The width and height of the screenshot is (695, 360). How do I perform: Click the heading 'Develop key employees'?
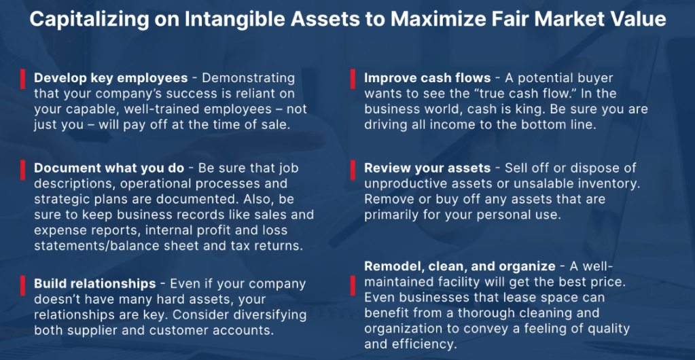(111, 79)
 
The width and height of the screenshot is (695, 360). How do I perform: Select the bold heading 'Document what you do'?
(109, 168)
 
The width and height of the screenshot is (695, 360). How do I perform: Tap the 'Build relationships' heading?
(95, 284)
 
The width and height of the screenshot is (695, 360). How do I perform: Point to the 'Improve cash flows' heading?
(427, 79)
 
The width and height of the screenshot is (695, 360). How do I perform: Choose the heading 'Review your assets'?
(427, 168)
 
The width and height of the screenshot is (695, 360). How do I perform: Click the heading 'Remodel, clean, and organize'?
(460, 266)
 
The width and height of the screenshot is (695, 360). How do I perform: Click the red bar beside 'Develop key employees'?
(22, 79)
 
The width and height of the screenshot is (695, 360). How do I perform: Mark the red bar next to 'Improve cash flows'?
(353, 79)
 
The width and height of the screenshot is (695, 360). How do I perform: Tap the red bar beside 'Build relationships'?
(22, 285)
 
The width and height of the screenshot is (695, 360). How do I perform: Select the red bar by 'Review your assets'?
(353, 170)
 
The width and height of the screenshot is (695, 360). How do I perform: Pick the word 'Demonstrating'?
(248, 79)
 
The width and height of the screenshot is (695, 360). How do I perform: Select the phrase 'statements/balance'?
(98, 246)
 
